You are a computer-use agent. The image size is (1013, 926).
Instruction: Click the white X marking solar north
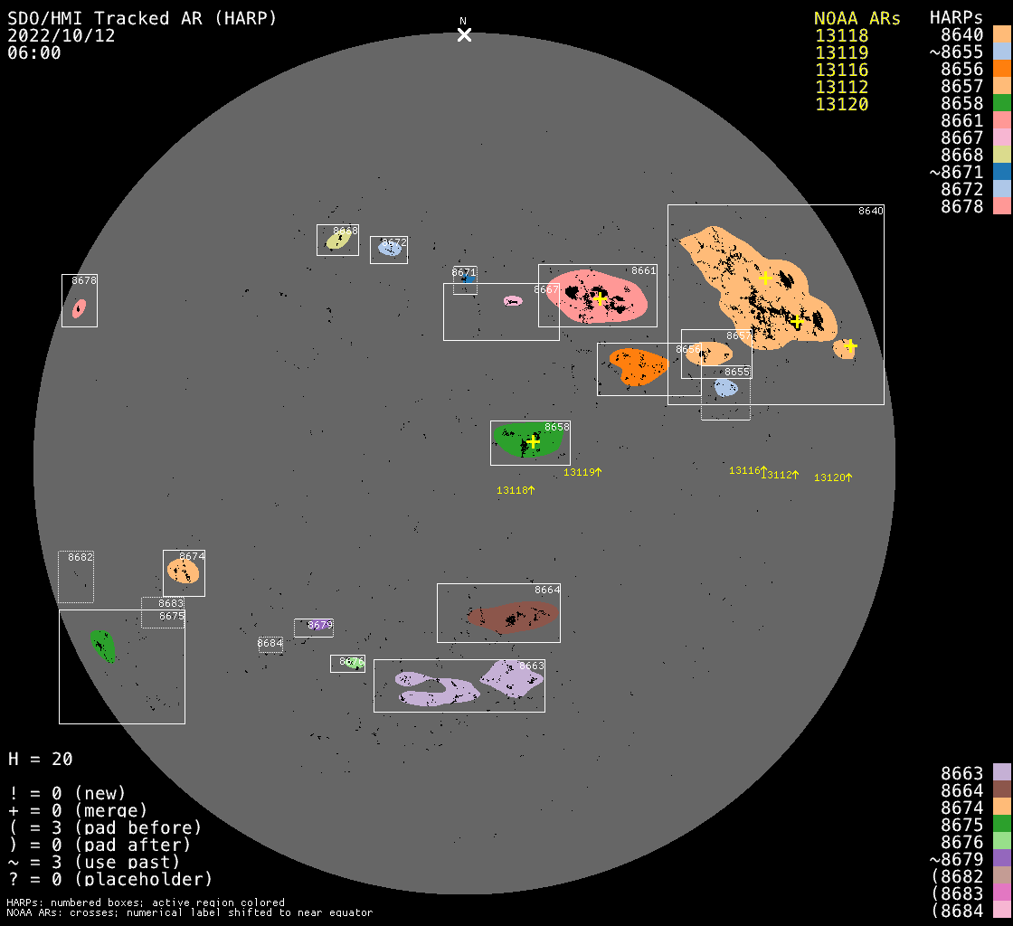tap(464, 34)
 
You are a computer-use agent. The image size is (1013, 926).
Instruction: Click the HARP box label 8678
tap(84, 280)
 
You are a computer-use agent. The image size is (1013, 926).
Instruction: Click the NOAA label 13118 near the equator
tap(511, 490)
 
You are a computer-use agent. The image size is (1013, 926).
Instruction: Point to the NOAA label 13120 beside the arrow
tap(828, 477)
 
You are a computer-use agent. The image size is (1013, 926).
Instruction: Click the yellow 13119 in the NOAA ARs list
tap(841, 52)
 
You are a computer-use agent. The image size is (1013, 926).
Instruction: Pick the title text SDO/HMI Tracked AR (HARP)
tap(142, 18)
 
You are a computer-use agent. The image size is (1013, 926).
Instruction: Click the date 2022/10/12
tap(62, 35)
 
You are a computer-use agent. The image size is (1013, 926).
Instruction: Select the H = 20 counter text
tap(41, 759)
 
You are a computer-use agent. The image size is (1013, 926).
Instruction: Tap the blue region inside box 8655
tap(725, 388)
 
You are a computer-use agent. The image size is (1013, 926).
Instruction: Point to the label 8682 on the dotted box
tap(80, 557)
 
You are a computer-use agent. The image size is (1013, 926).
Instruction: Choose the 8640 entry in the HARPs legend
tap(961, 34)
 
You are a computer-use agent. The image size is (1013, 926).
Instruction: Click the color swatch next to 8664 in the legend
tap(1001, 789)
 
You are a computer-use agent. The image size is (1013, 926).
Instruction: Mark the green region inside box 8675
tap(103, 646)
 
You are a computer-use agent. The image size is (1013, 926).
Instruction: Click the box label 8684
tap(270, 644)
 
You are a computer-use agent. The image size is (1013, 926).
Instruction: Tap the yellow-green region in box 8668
tap(337, 241)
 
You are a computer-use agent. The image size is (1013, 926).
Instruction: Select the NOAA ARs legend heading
tap(857, 18)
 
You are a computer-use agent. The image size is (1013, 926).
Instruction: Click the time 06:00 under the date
tap(34, 52)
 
